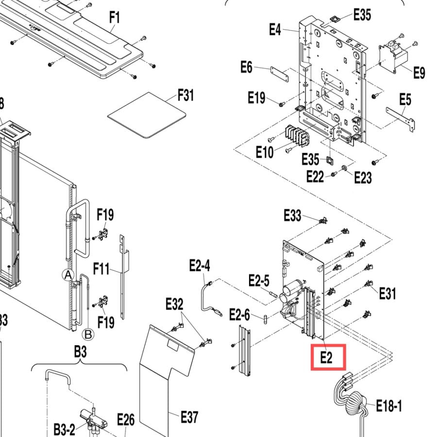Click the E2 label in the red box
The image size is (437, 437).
click(326, 357)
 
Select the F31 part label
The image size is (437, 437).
click(185, 95)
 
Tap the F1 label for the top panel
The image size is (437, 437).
click(115, 17)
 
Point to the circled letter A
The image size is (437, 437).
click(68, 275)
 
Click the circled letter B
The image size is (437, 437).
click(88, 334)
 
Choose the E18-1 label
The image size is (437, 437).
click(389, 406)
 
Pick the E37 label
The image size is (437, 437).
click(189, 417)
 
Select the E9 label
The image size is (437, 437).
click(419, 73)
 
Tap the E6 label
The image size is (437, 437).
click(246, 67)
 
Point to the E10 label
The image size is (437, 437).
click(265, 152)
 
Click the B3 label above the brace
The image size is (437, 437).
click(80, 352)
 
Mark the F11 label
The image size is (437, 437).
click(101, 269)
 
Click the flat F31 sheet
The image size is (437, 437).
click(147, 115)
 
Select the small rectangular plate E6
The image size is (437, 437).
click(279, 74)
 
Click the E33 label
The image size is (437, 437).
click(292, 216)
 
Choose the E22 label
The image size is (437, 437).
click(315, 177)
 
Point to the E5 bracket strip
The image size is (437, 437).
click(401, 118)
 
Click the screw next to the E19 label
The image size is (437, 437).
click(282, 104)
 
